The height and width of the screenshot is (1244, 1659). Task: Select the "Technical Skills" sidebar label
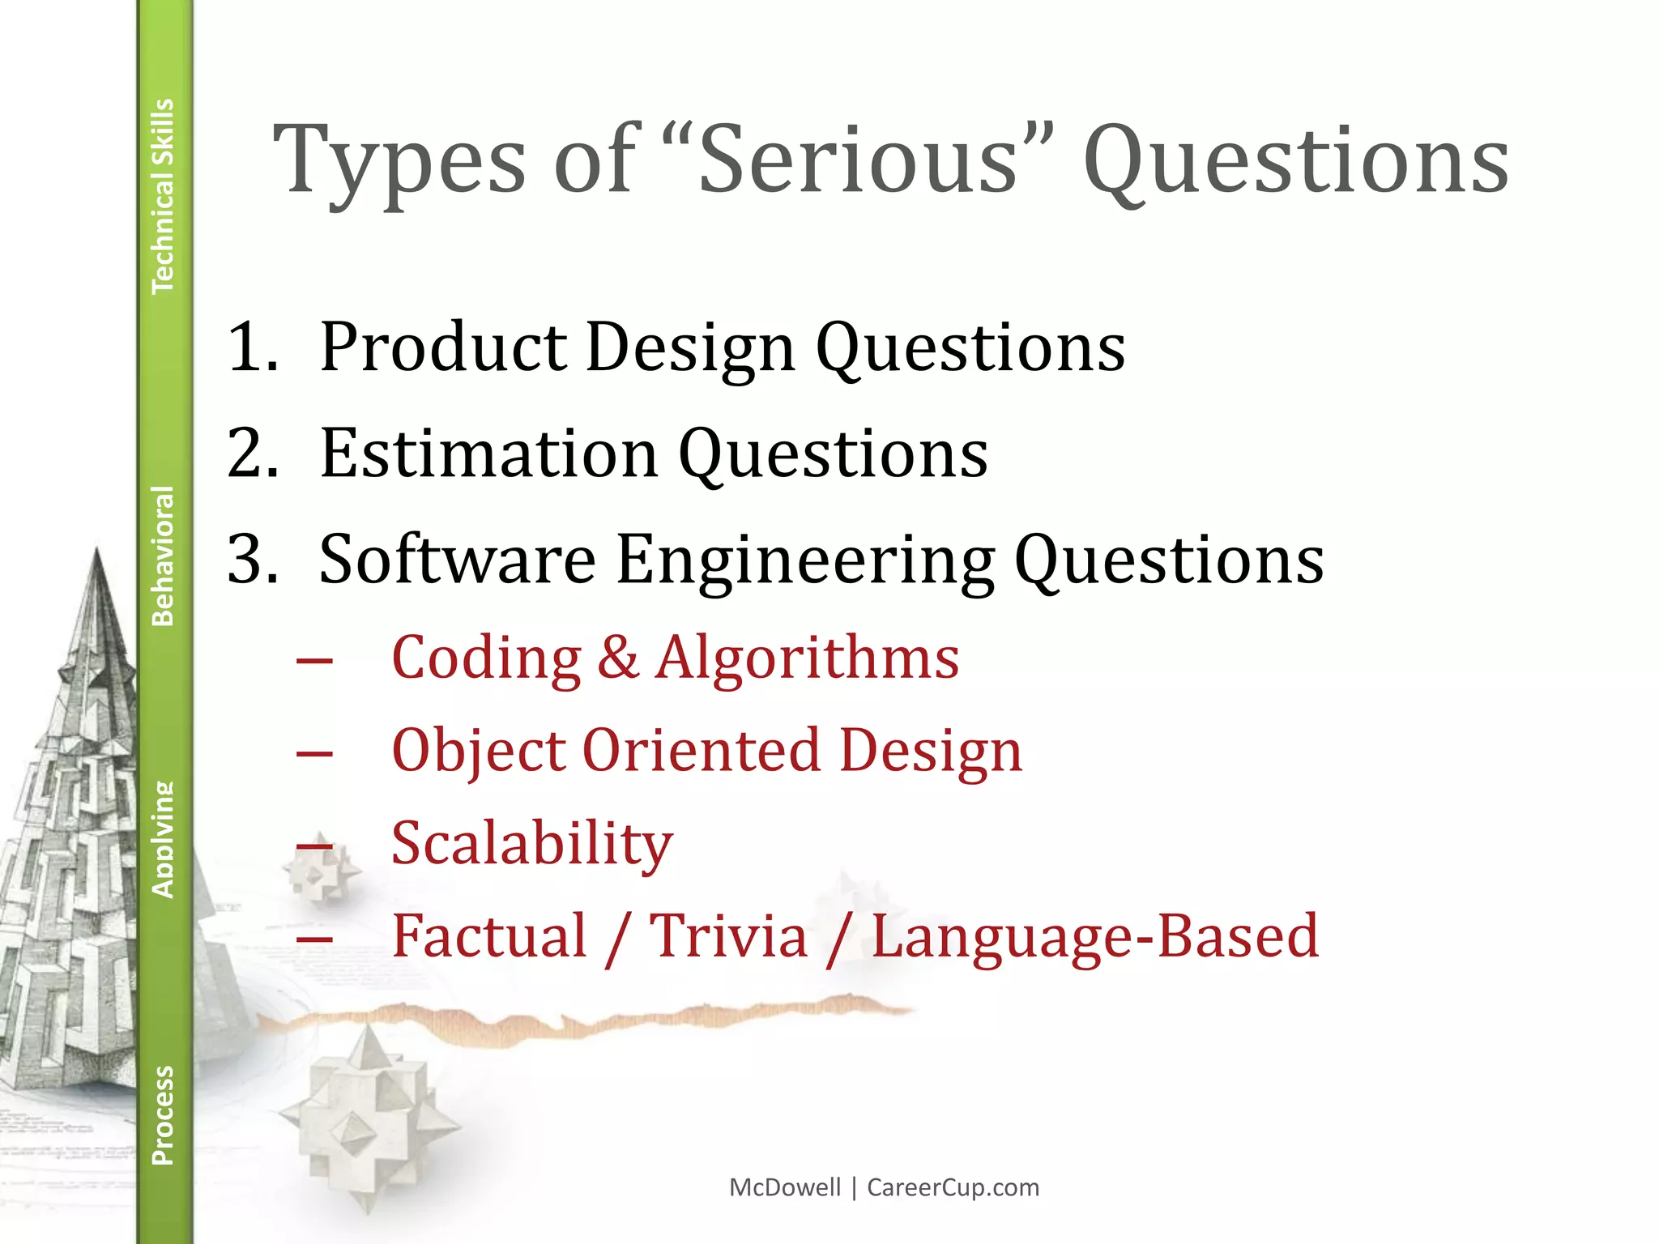164,196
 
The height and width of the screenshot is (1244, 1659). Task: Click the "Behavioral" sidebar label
164,556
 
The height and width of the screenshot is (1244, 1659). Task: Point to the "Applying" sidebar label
164,839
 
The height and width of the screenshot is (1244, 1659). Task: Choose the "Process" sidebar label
164,1115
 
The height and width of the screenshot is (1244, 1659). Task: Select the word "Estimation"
489,454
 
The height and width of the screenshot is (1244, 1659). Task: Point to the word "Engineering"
805,560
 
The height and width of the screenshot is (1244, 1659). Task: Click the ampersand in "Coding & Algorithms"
618,657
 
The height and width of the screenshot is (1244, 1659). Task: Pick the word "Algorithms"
808,657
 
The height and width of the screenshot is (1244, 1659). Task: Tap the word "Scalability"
532,844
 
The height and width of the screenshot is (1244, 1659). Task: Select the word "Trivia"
728,936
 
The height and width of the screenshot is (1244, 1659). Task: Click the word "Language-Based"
1094,936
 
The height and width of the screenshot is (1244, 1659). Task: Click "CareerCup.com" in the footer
953,1187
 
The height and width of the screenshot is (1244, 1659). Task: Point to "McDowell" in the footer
785,1187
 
